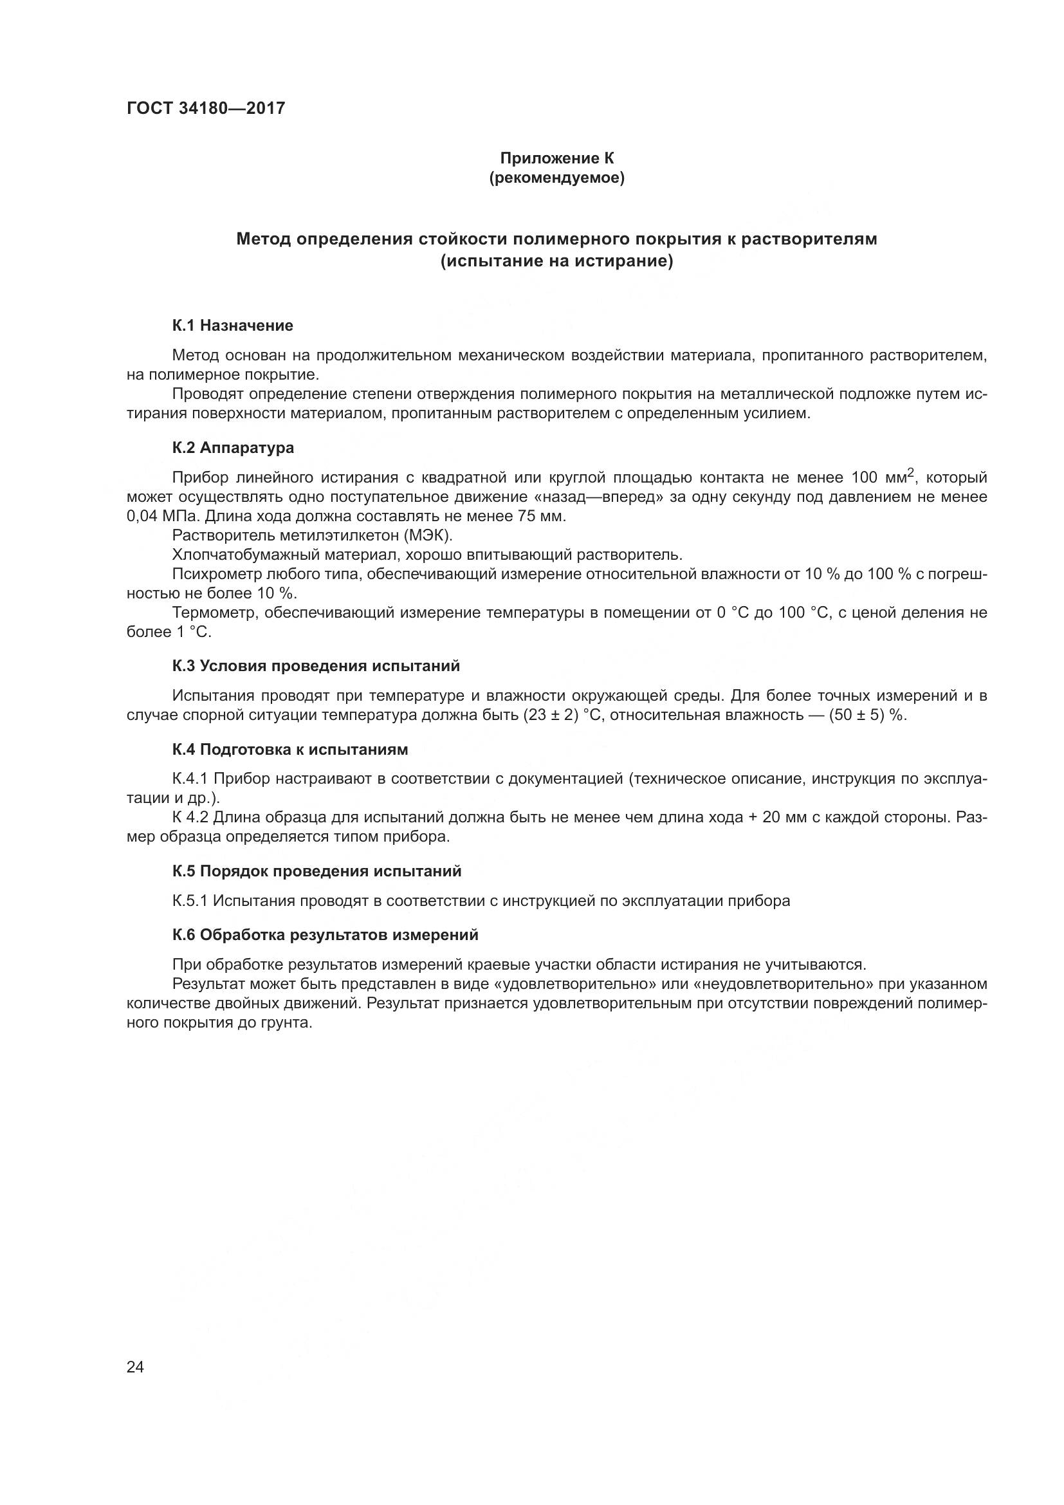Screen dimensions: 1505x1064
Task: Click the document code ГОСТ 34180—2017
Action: click(206, 108)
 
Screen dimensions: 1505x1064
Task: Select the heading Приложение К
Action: click(557, 158)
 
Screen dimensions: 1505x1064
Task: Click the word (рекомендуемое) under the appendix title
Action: click(557, 178)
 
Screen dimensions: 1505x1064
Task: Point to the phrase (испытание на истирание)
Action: click(557, 261)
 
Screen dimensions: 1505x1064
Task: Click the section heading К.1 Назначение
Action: click(233, 326)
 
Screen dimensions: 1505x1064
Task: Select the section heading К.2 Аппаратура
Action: click(234, 448)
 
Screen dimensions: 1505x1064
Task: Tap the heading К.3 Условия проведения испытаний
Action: click(316, 666)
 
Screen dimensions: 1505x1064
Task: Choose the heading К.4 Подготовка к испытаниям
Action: click(290, 749)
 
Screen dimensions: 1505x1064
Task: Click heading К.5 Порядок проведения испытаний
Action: click(317, 871)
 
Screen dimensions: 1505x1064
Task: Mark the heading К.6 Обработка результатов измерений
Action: click(326, 935)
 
